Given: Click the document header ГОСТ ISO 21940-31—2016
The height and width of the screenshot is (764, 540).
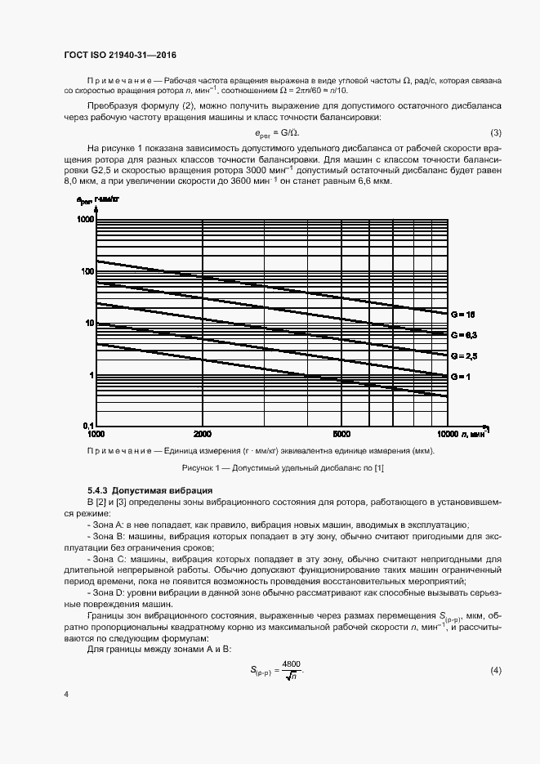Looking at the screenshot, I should coord(120,56).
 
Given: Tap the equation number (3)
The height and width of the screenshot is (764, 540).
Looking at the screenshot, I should coord(495,133).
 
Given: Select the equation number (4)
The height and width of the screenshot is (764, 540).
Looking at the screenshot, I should coord(495,670).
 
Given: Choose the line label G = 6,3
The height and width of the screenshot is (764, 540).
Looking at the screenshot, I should coord(463,335).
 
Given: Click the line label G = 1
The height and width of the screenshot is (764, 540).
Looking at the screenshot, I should coord(459,375).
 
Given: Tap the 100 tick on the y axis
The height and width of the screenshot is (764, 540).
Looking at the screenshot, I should coord(86,271).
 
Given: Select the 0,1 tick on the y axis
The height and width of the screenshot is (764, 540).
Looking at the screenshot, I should coord(87,426).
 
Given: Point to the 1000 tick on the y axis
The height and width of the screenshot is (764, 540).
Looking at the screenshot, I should coord(84,220).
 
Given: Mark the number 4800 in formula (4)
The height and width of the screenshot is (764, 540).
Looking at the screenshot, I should coord(291,664).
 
